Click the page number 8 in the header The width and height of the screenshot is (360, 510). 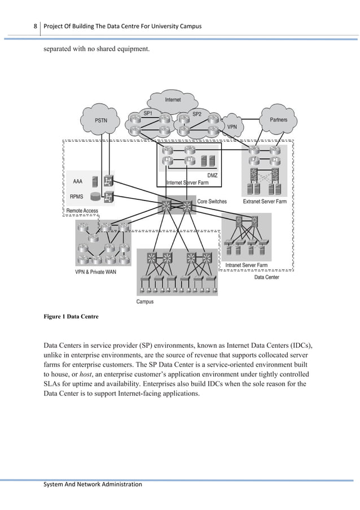(35, 27)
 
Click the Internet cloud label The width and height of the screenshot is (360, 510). (173, 100)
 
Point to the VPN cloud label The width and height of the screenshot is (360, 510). (232, 127)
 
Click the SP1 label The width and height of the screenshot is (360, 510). (148, 114)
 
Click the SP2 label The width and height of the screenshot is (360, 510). (197, 114)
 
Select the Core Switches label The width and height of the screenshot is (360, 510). (212, 201)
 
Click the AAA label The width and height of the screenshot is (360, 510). (78, 181)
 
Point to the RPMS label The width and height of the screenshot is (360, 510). (78, 198)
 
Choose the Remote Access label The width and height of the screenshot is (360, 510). (82, 211)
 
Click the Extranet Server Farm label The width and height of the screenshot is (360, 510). (265, 201)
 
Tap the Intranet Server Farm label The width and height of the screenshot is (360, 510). (247, 265)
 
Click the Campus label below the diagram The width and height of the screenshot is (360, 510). (145, 302)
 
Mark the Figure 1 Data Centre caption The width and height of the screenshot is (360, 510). (71, 317)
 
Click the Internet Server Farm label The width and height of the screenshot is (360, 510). (188, 182)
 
